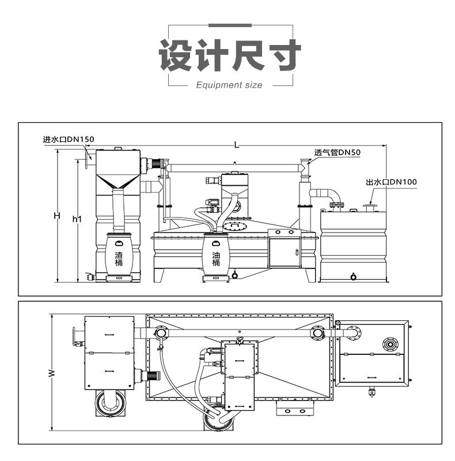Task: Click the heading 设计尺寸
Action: pos(230,56)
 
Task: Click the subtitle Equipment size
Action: pos(229,85)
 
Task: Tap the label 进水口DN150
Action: pos(68,139)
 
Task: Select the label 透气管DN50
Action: pos(337,153)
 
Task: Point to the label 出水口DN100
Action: pos(391,182)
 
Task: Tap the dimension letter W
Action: pos(51,373)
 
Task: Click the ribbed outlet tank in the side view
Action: pos(352,248)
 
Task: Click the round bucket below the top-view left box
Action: pos(109,402)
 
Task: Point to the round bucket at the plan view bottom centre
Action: pos(218,420)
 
